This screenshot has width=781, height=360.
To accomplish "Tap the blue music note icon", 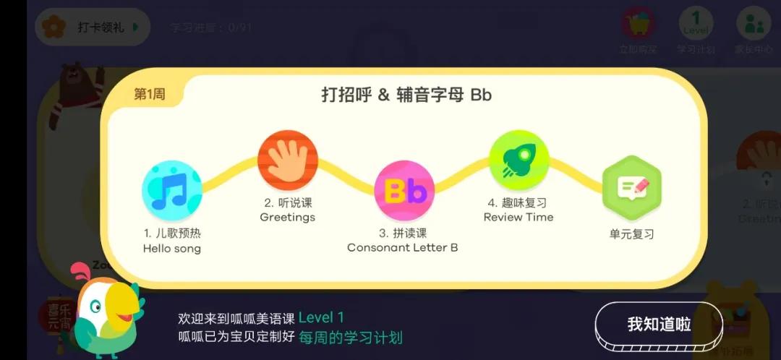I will tap(171, 189).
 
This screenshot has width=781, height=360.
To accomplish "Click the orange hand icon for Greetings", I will tap(287, 160).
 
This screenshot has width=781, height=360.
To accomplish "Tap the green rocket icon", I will tap(518, 160).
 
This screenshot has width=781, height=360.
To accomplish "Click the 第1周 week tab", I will tap(150, 95).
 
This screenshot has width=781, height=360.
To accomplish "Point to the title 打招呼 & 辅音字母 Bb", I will tap(406, 95).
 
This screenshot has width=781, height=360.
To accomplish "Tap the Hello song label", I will tap(172, 249).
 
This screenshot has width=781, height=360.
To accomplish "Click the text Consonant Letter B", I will tap(403, 248).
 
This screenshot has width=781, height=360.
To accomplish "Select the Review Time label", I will tap(518, 217).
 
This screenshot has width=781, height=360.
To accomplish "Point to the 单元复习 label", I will tap(632, 234).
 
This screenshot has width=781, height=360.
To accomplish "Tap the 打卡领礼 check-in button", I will tap(92, 27).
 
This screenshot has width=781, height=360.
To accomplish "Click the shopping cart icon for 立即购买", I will tap(638, 24).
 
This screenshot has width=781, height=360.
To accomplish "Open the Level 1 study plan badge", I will tap(696, 23).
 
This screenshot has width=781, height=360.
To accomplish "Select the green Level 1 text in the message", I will tap(321, 317).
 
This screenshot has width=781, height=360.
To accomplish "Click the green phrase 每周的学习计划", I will tap(351, 337).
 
